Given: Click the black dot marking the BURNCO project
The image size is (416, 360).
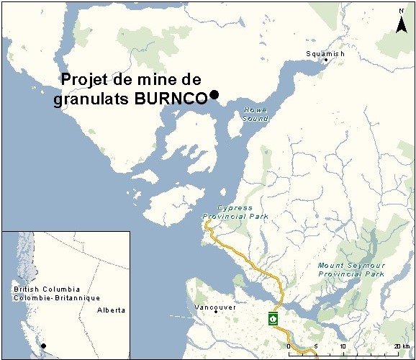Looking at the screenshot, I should [214, 95].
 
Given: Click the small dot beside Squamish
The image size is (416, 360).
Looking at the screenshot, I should [326, 60].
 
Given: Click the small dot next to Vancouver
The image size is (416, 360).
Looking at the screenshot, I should [216, 313].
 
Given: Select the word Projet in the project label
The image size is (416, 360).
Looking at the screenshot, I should [84, 80].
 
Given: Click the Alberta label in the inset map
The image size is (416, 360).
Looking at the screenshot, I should [112, 310].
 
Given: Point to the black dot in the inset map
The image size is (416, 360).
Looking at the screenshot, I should [43, 346].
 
